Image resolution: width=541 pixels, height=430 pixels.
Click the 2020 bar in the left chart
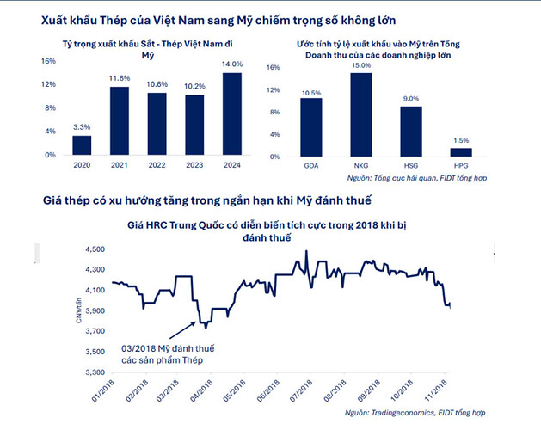coord(82,147)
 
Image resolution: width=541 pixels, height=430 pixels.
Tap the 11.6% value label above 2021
coord(120,78)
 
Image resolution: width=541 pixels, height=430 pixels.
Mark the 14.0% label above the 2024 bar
coord(233,64)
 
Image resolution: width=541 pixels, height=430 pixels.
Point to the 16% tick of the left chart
coord(48,61)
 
